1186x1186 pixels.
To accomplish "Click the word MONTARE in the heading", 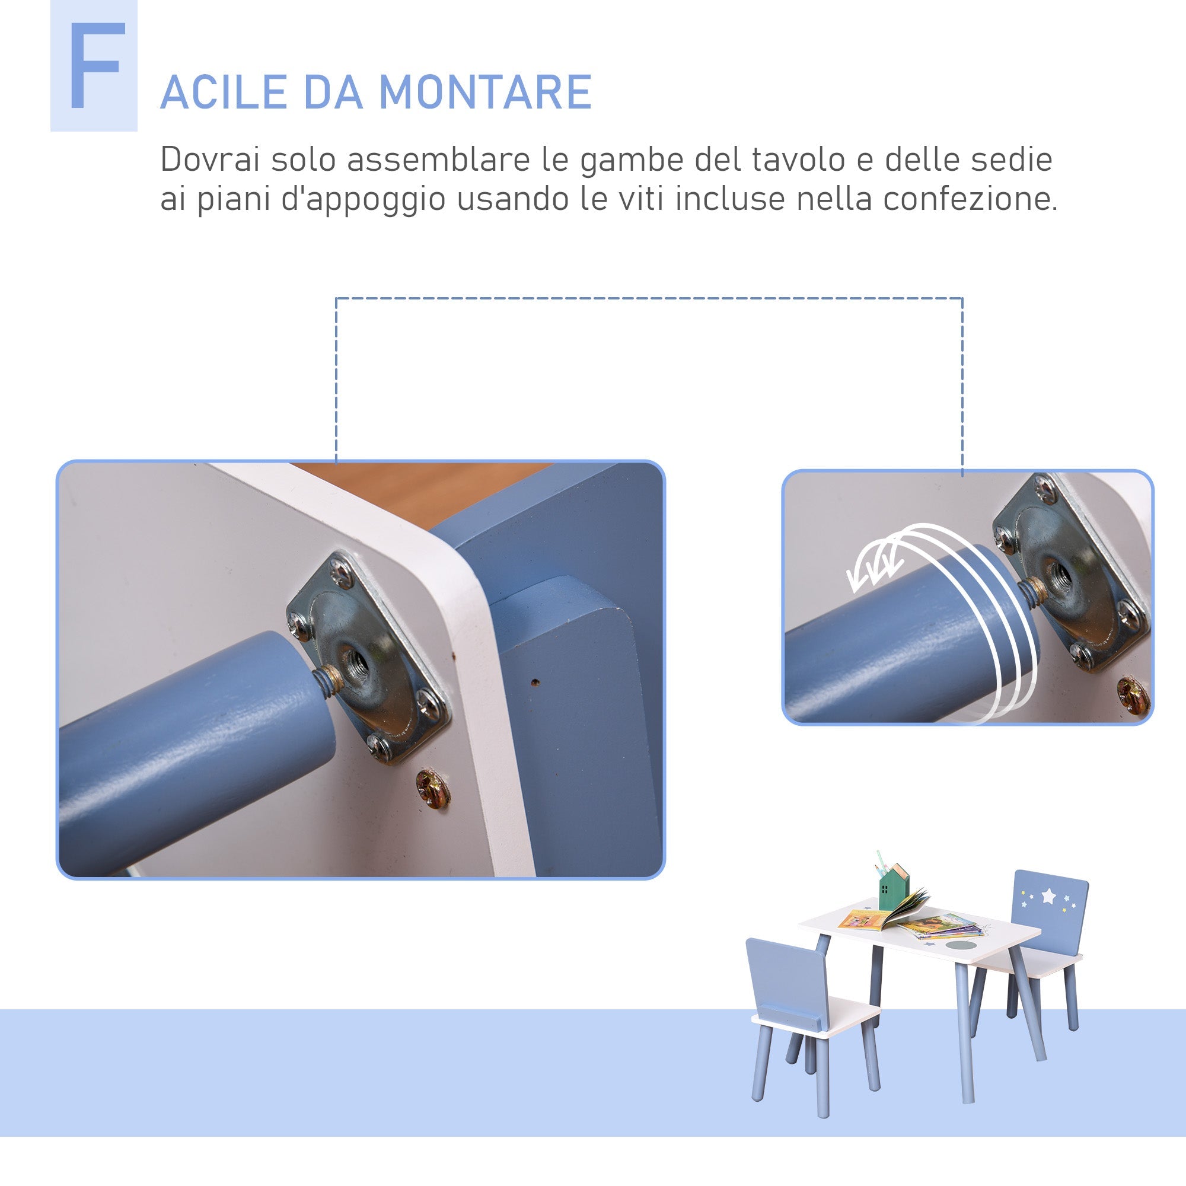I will coord(485,93).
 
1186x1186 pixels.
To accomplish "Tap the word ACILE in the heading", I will coord(224,93).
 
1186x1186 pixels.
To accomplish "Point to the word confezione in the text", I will coord(970,199).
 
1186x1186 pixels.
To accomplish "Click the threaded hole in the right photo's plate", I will coord(1061,575).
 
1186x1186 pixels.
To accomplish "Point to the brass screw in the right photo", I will coord(1133,696).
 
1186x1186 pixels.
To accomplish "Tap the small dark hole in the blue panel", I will coord(535,681).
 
